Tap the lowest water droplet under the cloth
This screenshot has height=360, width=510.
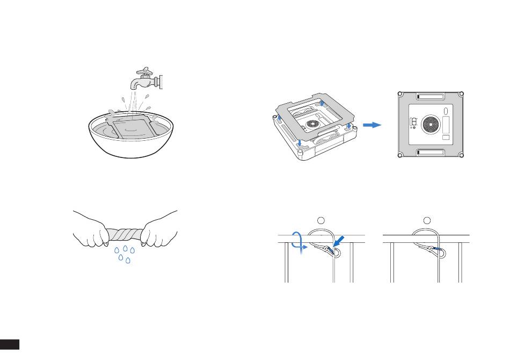point(128,261)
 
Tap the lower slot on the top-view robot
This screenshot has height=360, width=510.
point(431,153)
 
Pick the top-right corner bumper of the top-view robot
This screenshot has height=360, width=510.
point(460,95)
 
